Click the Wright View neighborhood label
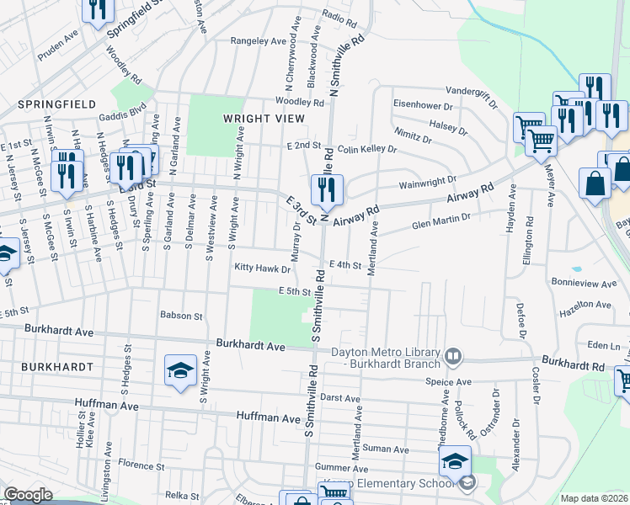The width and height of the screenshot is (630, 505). (x=257, y=119)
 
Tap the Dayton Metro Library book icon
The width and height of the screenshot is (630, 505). (x=453, y=357)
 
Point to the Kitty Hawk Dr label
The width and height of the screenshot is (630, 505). (x=263, y=269)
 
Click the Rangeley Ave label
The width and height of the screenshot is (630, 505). (x=259, y=40)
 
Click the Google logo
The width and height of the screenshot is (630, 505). (x=28, y=495)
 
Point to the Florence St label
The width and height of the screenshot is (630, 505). (x=141, y=464)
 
